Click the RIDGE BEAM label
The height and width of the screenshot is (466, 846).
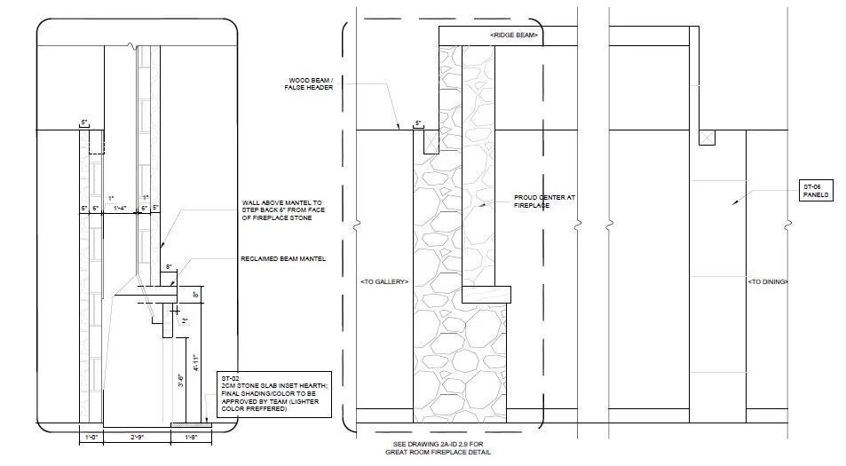[514, 35]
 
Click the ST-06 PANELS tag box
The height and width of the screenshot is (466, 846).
[816, 191]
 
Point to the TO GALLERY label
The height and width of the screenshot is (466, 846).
[384, 281]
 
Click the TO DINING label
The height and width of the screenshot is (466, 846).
[768, 281]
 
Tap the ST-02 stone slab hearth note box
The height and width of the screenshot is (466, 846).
[276, 394]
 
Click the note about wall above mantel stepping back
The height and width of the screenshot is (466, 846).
[279, 212]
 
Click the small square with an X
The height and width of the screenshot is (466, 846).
[707, 138]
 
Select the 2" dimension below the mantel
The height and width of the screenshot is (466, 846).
[185, 321]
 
